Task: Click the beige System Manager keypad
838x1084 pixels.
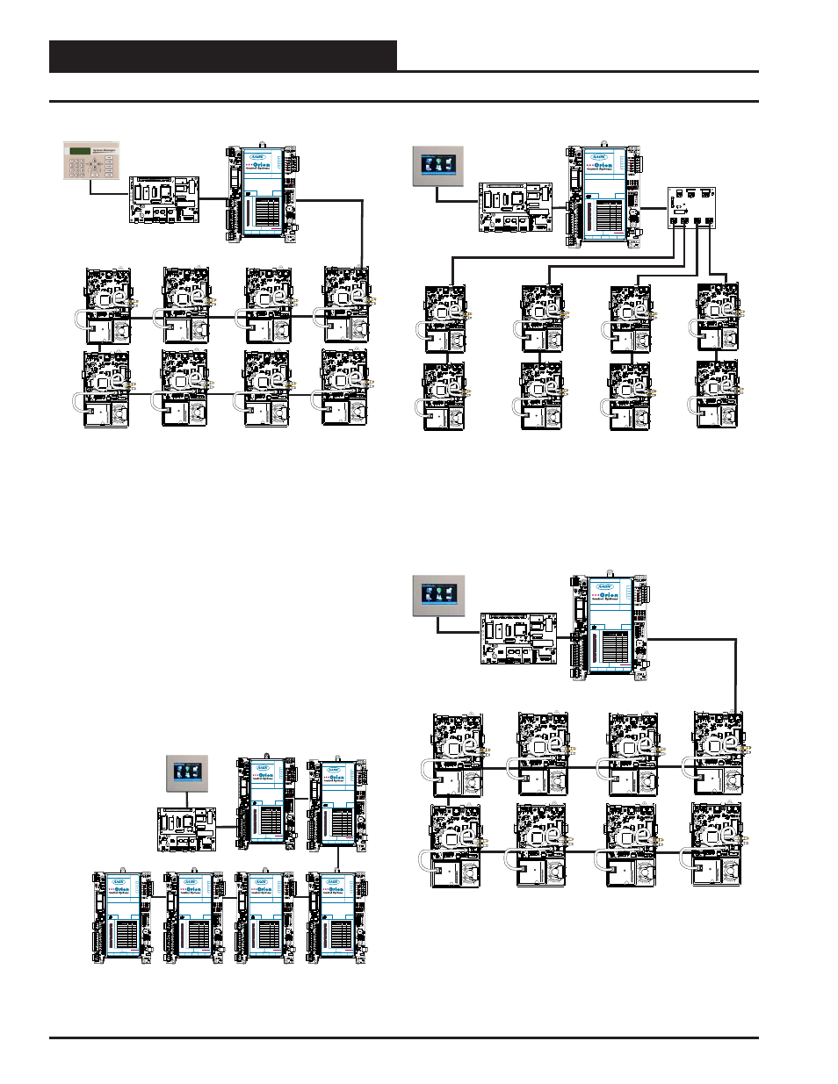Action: point(90,161)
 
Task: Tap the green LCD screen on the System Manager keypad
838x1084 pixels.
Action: point(80,151)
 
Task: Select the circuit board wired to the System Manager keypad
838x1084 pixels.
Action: point(164,200)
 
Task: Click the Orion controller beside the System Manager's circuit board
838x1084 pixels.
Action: point(261,192)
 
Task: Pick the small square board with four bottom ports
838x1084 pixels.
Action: point(691,207)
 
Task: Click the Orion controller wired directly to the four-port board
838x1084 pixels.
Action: point(603,197)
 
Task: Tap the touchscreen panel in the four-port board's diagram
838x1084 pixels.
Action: point(437,166)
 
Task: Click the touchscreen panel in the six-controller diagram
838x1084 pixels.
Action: point(187,773)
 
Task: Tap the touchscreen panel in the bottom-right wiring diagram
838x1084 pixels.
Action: point(438,595)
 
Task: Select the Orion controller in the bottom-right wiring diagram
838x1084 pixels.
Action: point(610,627)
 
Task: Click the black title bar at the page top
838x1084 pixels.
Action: point(223,56)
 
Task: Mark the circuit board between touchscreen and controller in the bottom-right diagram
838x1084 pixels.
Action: point(518,638)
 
